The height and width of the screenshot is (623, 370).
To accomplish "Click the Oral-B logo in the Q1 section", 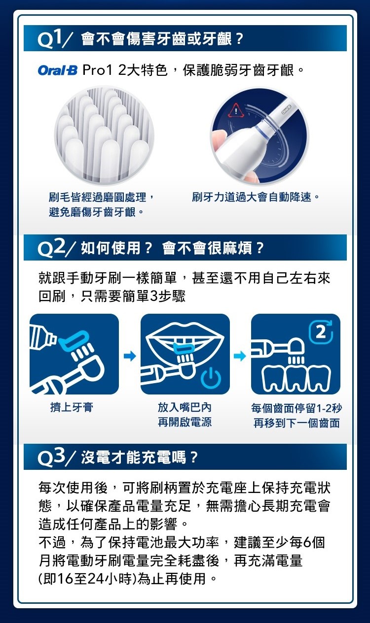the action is click(x=58, y=70).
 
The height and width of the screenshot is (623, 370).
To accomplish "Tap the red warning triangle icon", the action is click(x=236, y=110).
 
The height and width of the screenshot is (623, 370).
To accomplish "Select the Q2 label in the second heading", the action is click(x=51, y=248).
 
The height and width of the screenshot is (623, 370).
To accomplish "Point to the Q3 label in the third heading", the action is click(x=51, y=458).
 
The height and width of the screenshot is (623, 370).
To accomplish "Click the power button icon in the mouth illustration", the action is click(x=212, y=377).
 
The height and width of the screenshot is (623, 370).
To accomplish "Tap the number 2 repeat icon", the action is click(x=321, y=332).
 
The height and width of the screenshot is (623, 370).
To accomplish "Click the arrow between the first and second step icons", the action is click(x=130, y=356).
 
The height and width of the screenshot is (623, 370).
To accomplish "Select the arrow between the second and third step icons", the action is click(x=240, y=356).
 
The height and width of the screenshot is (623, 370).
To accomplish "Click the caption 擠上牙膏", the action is click(x=72, y=407).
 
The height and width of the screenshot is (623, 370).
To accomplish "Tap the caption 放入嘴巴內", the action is click(x=185, y=407).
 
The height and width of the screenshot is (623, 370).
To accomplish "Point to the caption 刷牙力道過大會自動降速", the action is click(x=251, y=197).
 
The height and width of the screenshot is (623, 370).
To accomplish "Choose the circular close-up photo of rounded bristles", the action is click(x=104, y=135).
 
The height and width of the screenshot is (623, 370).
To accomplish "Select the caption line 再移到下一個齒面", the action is click(x=296, y=423).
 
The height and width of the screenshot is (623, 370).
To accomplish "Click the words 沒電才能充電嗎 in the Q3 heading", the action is click(x=134, y=458).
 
